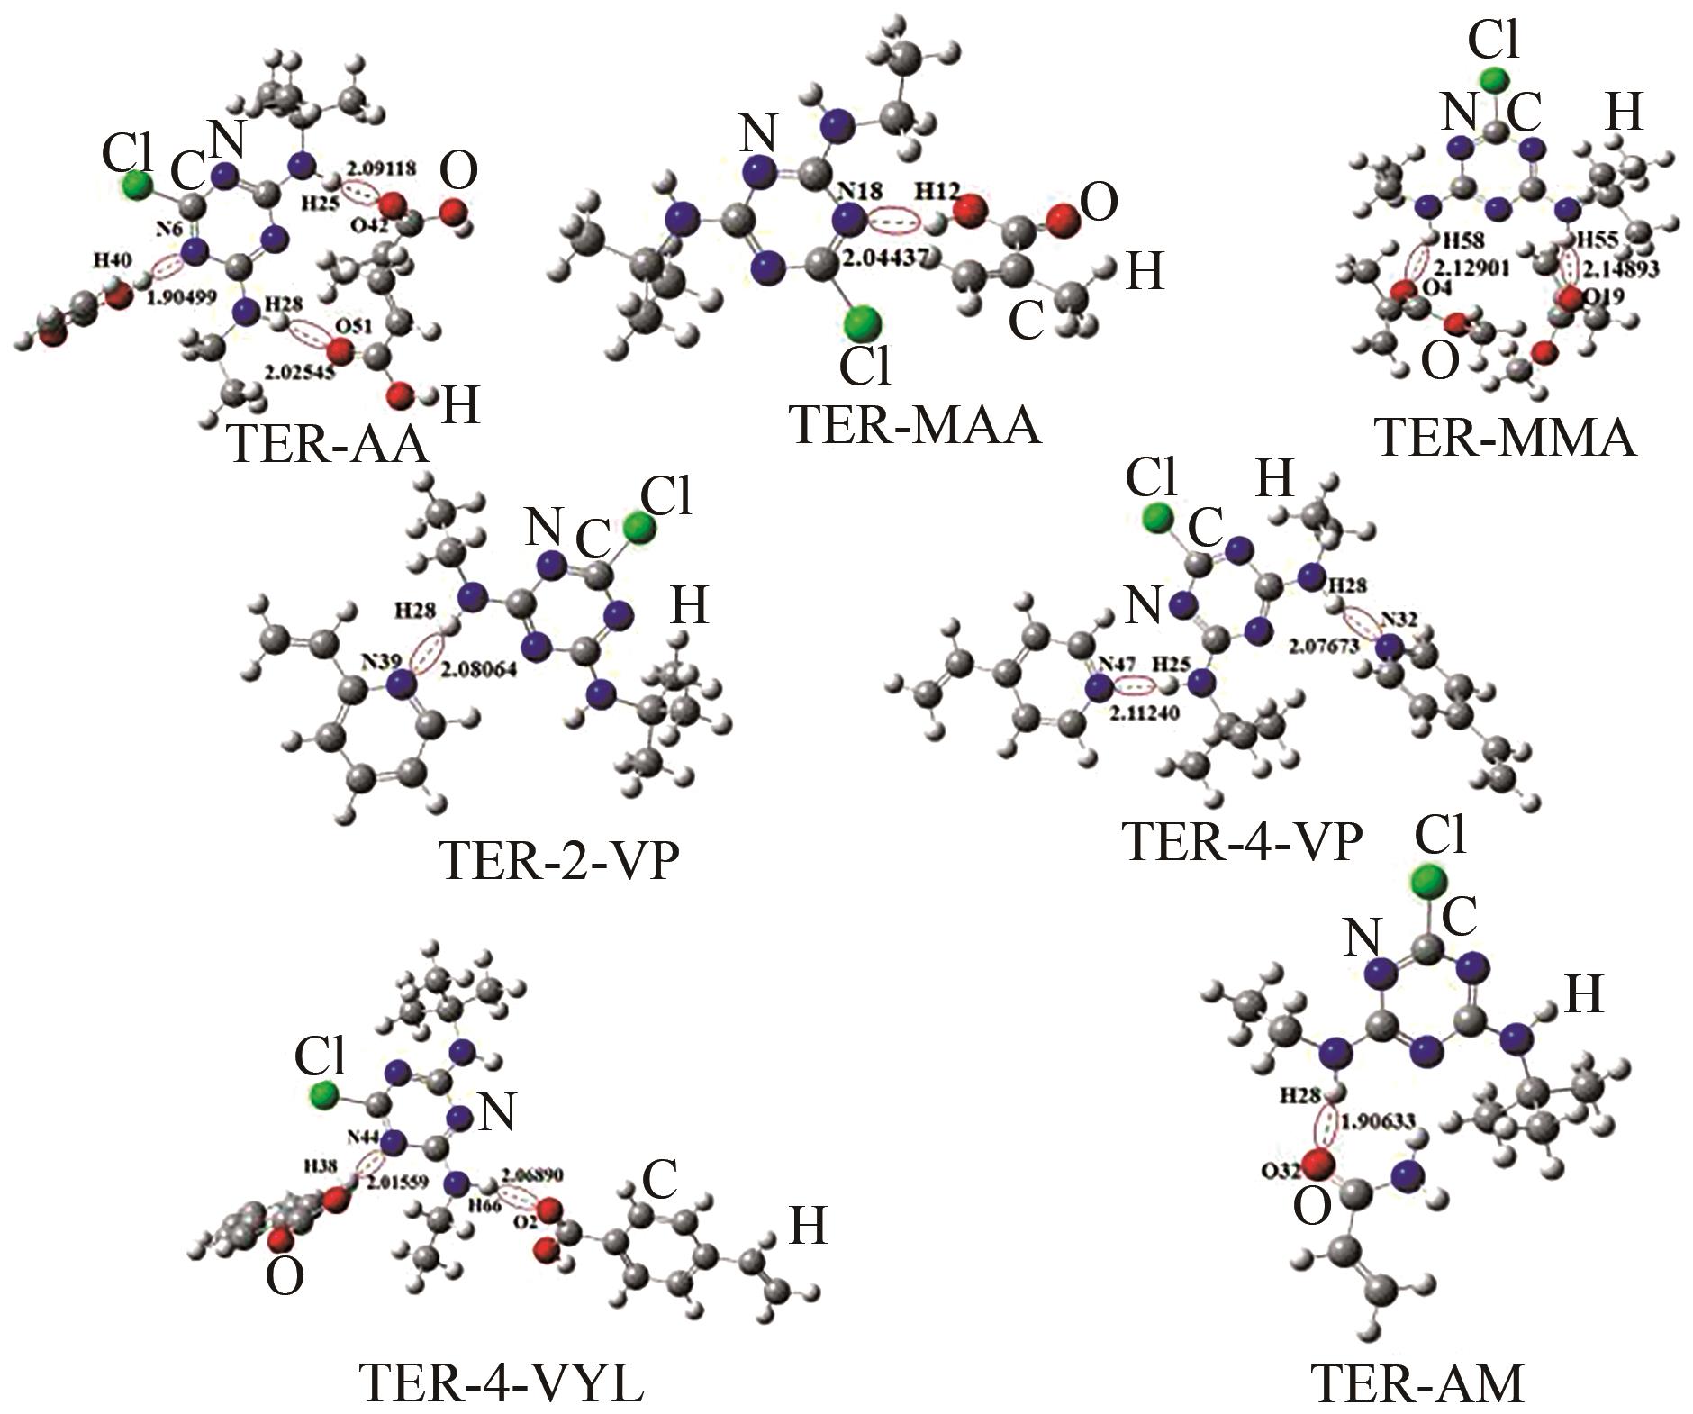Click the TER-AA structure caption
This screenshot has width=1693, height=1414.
tap(330, 443)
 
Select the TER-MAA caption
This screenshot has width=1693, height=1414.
tap(915, 425)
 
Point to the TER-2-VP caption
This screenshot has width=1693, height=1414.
tap(558, 860)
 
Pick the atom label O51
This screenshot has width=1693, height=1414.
tap(349, 325)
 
